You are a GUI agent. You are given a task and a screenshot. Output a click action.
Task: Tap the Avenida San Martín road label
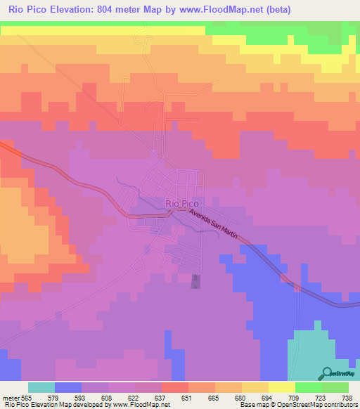coord(215,219)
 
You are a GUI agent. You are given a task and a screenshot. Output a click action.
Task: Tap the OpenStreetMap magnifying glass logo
coord(327,373)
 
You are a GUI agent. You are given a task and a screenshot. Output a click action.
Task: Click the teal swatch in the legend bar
coord(41,387)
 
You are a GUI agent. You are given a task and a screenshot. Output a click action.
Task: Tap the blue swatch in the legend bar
coord(68,387)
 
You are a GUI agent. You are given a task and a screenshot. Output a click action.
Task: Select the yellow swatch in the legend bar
coord(282,387)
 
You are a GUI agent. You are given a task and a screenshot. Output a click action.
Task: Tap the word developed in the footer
coord(89,404)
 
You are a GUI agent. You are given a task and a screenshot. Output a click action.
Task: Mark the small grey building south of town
coord(195,281)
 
